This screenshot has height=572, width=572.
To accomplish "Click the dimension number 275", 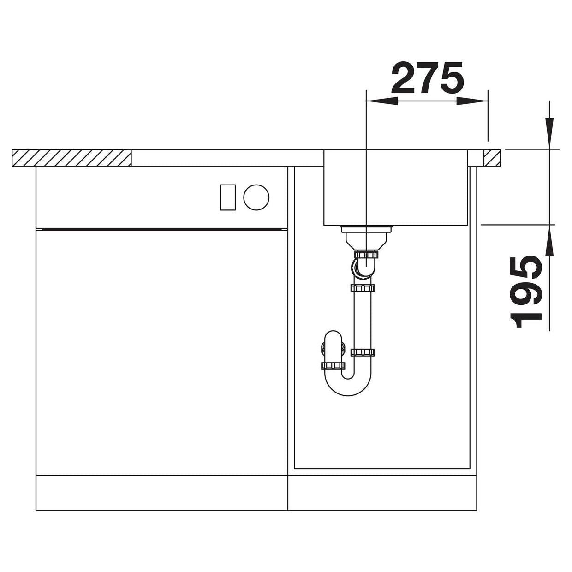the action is pyautogui.click(x=428, y=77).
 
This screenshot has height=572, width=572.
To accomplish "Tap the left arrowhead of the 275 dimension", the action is pyautogui.click(x=382, y=101).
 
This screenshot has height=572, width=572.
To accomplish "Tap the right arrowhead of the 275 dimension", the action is pyautogui.click(x=472, y=101).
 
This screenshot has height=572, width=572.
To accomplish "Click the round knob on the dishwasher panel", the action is pyautogui.click(x=256, y=197).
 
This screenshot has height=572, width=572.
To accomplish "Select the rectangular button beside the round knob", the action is pyautogui.click(x=228, y=197).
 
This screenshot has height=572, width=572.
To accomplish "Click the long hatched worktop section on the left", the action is pyautogui.click(x=71, y=158).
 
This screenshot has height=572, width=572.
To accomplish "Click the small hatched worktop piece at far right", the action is pyautogui.click(x=492, y=158).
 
